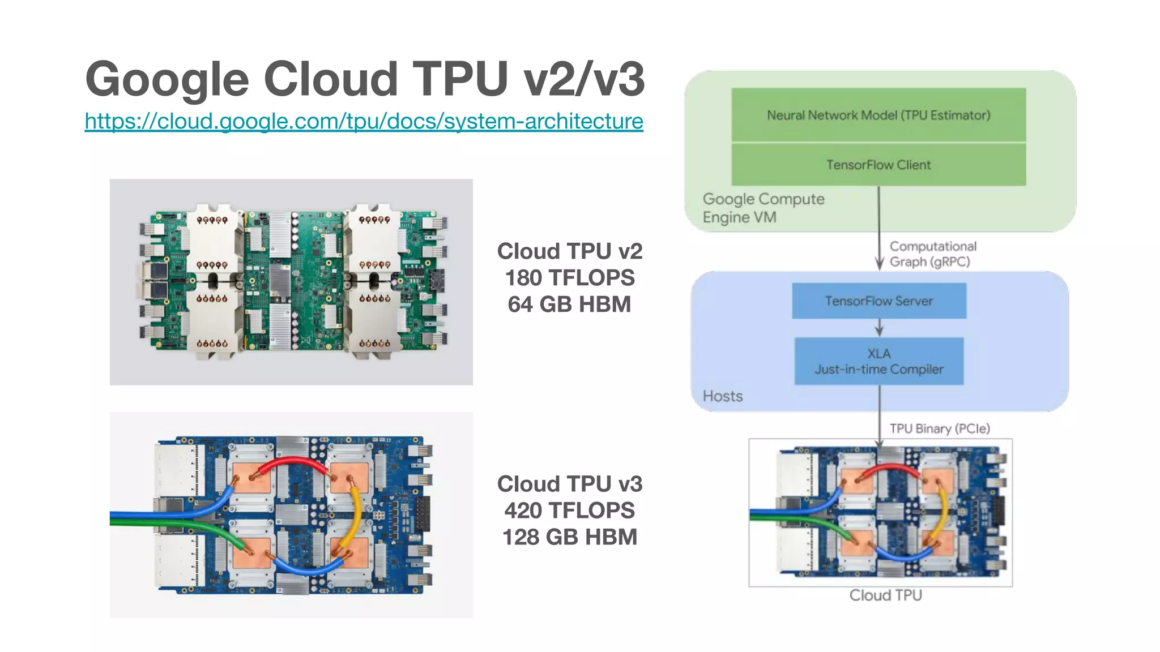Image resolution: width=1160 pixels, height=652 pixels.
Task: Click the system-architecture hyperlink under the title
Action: tap(364, 121)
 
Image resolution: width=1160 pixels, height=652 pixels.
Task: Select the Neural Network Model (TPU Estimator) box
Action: tap(878, 115)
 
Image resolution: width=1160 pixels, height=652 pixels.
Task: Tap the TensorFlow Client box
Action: tap(878, 165)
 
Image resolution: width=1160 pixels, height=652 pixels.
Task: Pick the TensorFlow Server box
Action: tap(878, 301)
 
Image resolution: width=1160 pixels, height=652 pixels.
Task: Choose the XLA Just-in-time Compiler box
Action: tap(878, 361)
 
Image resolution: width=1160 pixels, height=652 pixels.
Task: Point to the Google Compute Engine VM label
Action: tap(762, 208)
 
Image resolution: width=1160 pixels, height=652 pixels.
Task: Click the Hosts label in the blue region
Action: tap(722, 396)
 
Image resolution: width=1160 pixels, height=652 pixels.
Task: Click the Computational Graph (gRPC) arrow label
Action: tap(932, 254)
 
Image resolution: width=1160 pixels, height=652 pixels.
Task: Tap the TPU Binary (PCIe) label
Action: tap(939, 428)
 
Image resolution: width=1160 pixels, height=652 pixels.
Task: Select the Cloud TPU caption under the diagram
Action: tap(885, 595)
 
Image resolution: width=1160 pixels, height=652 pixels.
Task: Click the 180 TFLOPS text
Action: tap(569, 278)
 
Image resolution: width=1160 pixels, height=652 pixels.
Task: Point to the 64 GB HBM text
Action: tap(569, 304)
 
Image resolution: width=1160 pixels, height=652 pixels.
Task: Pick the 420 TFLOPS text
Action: tap(569, 511)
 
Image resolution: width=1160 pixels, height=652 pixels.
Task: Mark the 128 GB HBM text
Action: tap(569, 537)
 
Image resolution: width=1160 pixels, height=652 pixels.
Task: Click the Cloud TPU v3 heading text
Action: tap(569, 484)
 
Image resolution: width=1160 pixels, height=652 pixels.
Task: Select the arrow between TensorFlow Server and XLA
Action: tap(879, 328)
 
